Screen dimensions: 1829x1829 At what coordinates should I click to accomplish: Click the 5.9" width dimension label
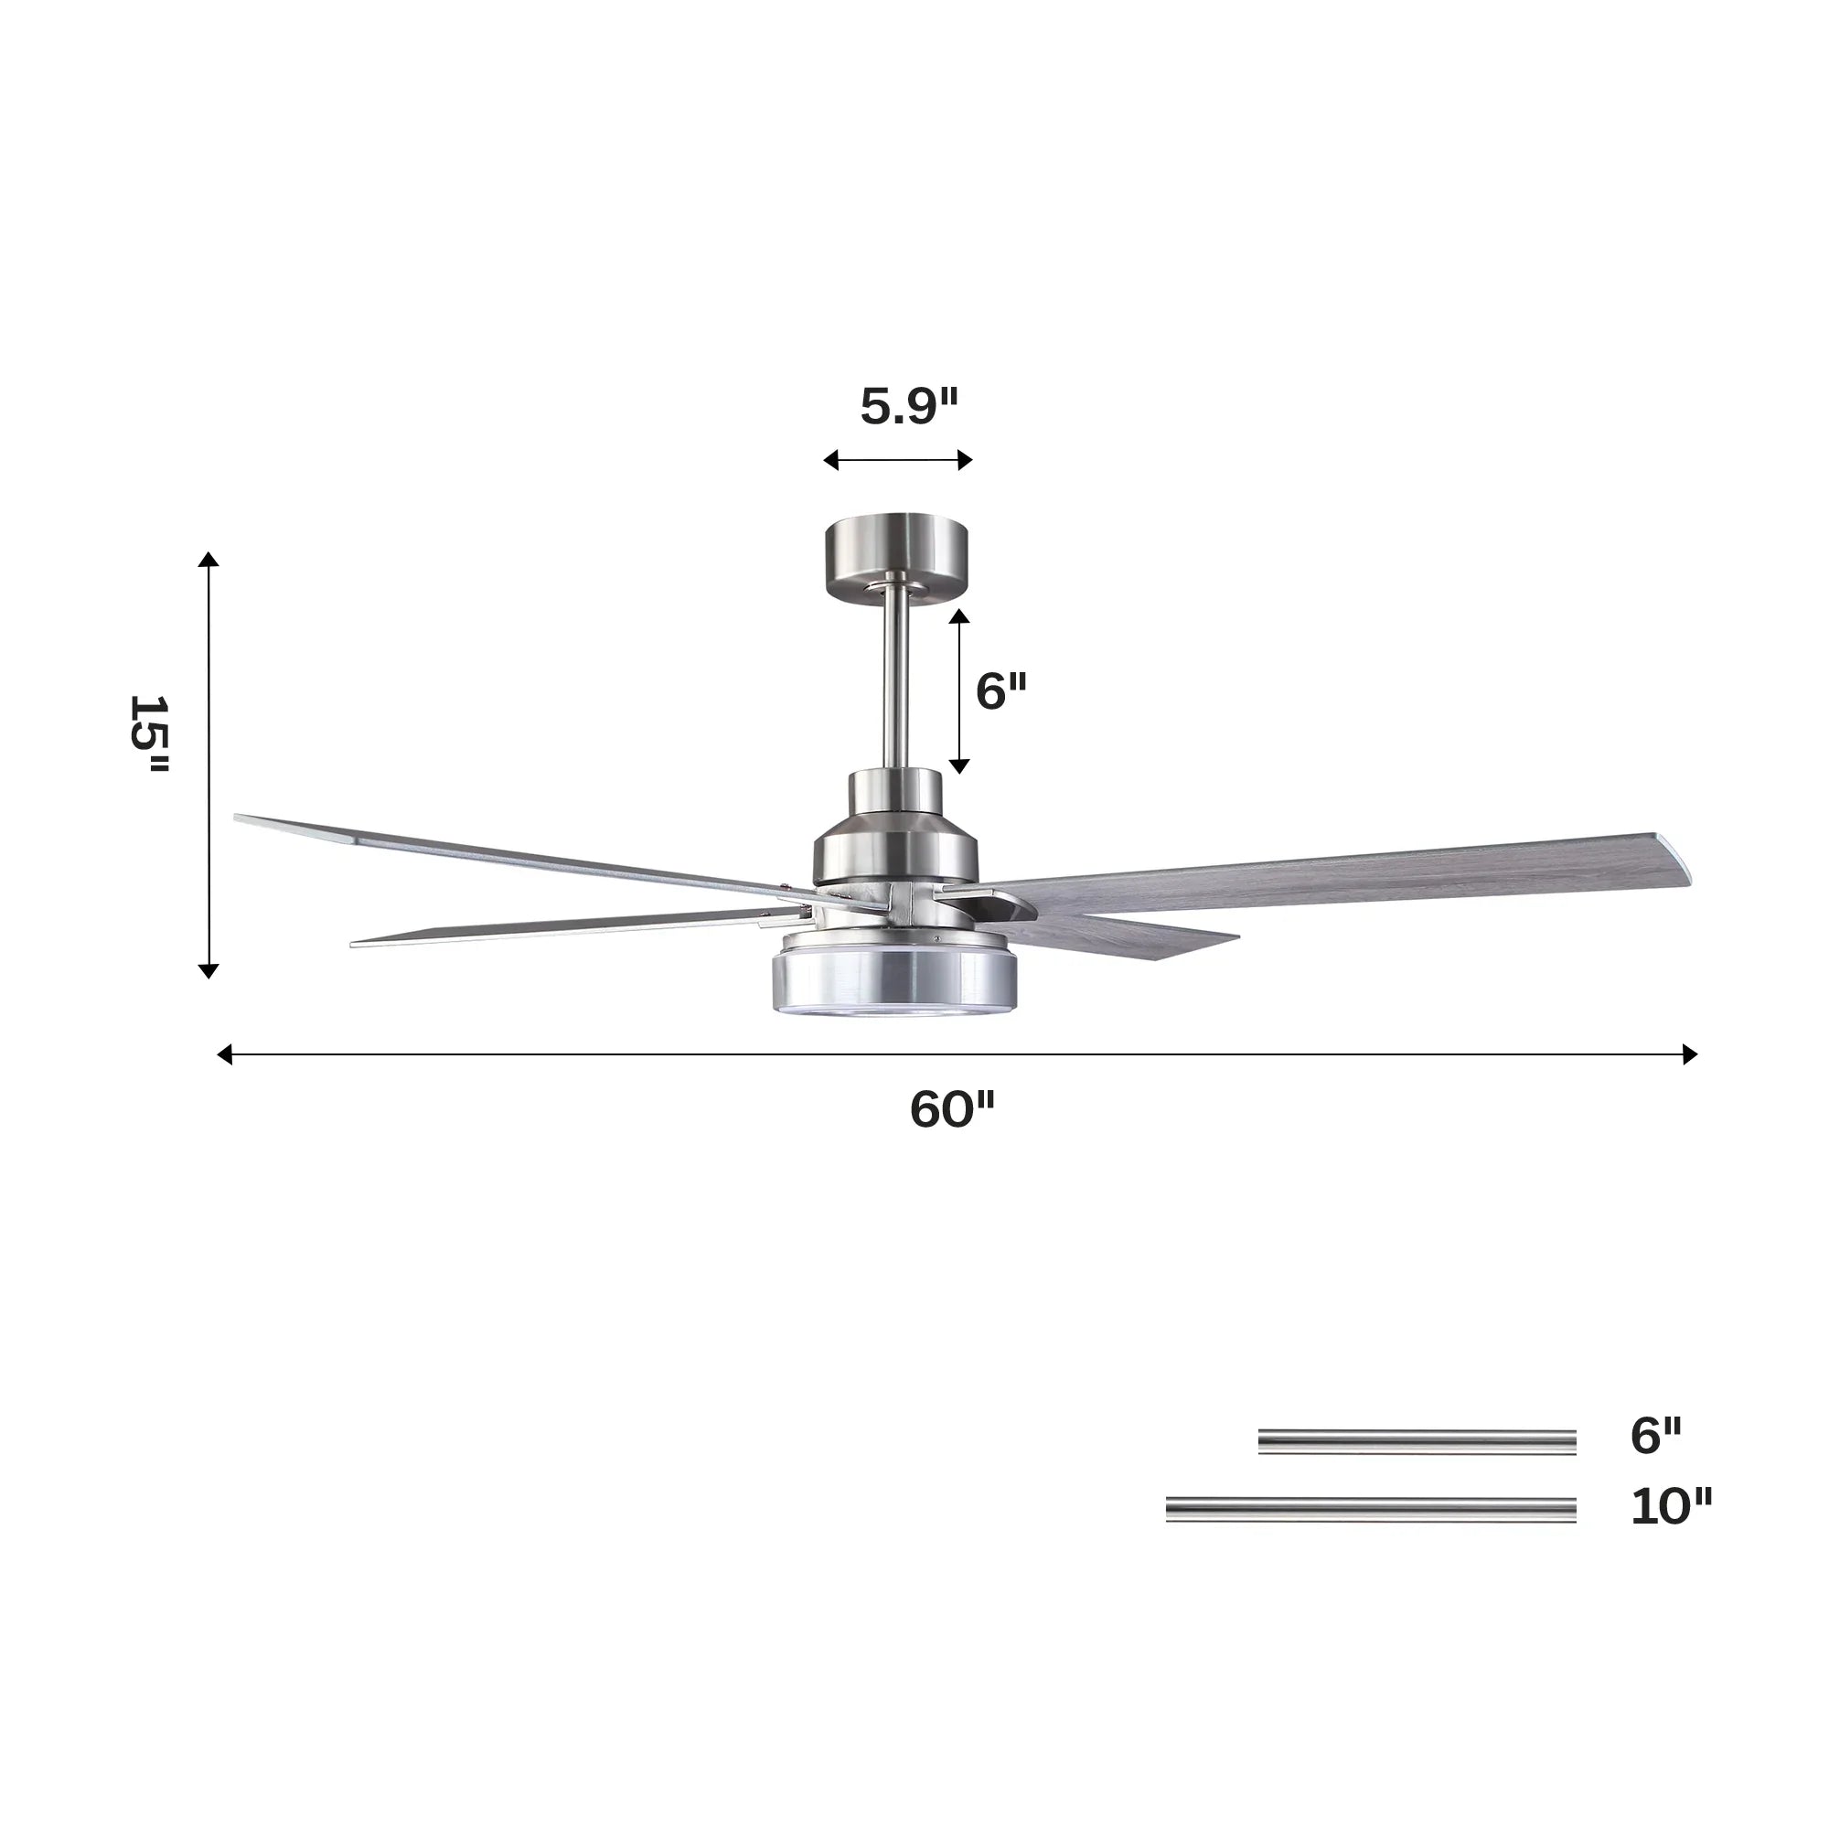pyautogui.click(x=909, y=407)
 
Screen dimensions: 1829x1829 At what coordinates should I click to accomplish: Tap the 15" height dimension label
pyautogui.click(x=150, y=735)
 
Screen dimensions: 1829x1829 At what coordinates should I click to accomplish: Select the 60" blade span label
pyautogui.click(x=951, y=1109)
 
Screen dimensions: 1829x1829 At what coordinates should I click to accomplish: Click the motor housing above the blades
pyautogui.click(x=895, y=833)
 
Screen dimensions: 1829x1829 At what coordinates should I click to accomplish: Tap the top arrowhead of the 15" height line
pyautogui.click(x=209, y=560)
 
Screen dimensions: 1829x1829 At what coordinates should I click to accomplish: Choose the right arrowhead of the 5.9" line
pyautogui.click(x=965, y=460)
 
